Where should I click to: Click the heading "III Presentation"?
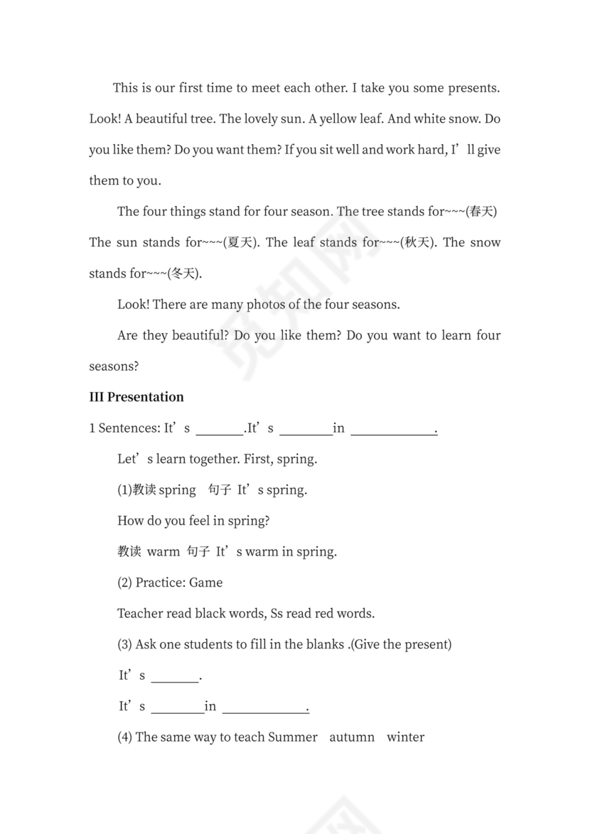coord(136,397)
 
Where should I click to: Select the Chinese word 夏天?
coord(240,243)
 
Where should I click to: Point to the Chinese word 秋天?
coord(417,243)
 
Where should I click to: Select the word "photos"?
coord(265,305)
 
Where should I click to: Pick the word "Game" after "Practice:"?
coord(206,583)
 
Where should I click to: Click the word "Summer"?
coord(293,737)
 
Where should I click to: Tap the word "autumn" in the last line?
coord(352,737)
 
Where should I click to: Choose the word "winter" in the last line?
coord(405,737)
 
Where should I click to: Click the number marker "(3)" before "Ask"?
coord(124,644)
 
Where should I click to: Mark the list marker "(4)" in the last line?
coord(124,737)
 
